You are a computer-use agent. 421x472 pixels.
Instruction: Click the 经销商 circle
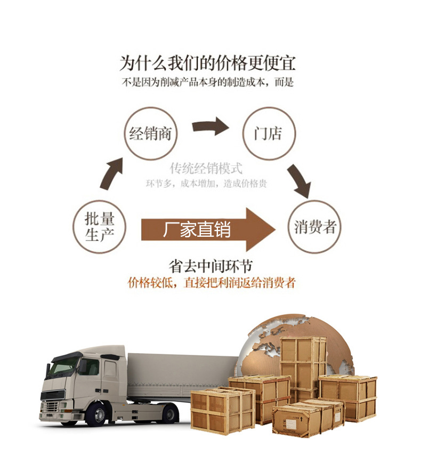click(151, 133)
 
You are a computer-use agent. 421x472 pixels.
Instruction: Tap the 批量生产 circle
click(100, 227)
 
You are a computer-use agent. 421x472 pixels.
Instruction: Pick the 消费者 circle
click(315, 227)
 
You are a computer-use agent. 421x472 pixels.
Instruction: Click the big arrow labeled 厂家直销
click(208, 229)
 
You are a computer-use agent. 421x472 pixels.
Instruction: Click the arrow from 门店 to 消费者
click(299, 180)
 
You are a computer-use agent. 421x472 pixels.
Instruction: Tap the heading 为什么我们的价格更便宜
click(208, 63)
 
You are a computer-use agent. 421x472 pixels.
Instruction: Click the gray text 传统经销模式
click(206, 169)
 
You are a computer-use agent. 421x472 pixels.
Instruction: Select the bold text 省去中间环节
click(210, 266)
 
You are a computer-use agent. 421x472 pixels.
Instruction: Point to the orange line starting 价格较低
click(212, 283)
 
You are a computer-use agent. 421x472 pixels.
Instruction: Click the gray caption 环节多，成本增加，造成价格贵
click(206, 183)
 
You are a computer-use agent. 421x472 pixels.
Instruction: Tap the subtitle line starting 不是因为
click(208, 83)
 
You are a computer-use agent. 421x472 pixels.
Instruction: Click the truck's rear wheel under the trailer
click(169, 413)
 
